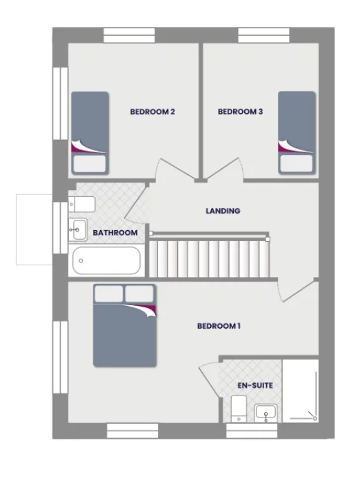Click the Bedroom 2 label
point(152,111)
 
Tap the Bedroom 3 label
point(240,111)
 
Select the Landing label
point(223,211)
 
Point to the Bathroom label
point(115,233)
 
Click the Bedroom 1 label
point(219,326)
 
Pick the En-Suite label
point(254,386)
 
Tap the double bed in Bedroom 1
point(125,325)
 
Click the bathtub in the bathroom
point(106,260)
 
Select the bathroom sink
point(77,228)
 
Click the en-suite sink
point(265,413)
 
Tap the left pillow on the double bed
point(108,294)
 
